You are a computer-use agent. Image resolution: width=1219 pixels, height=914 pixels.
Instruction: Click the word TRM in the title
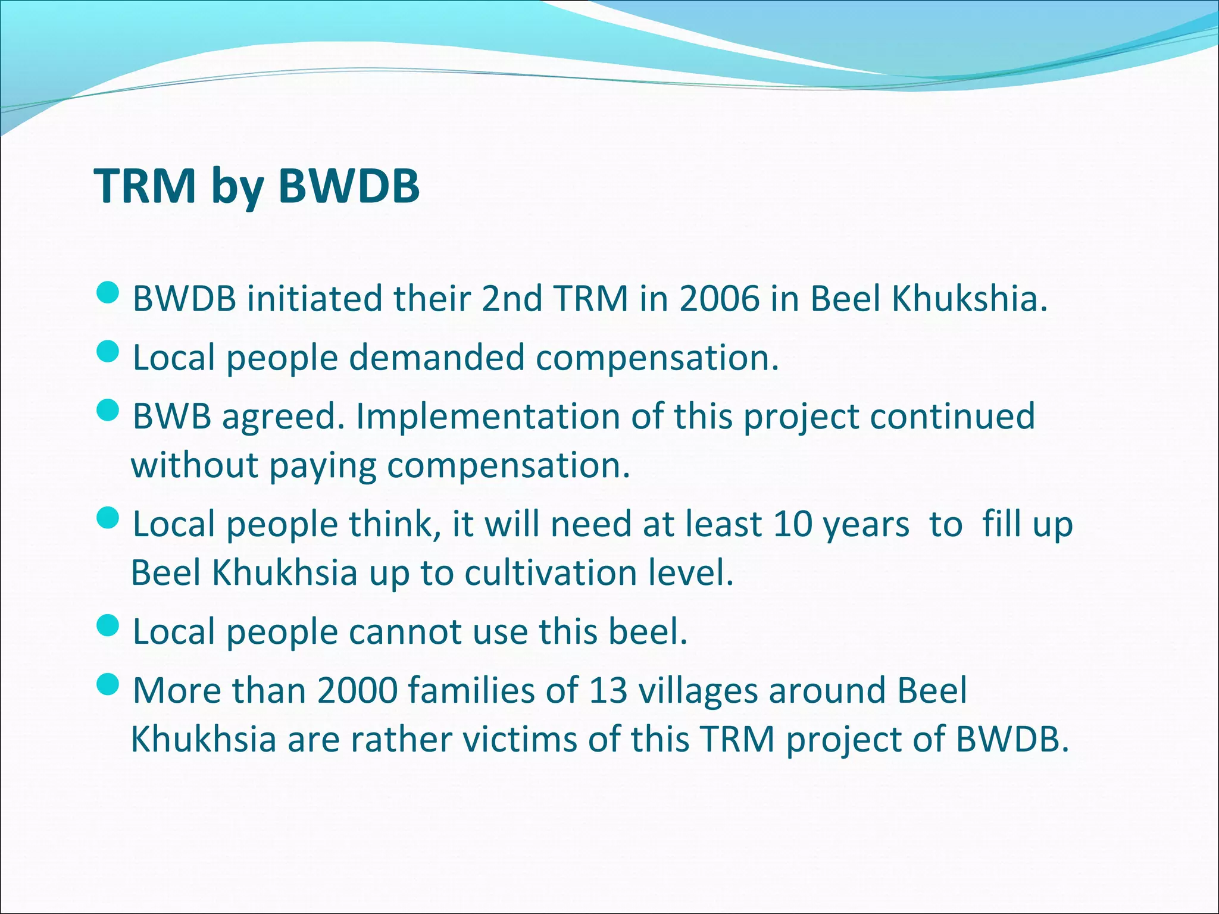coord(145,186)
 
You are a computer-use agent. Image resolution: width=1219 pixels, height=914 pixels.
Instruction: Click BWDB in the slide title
coord(349,186)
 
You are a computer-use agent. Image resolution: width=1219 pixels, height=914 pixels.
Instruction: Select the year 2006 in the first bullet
coord(719,298)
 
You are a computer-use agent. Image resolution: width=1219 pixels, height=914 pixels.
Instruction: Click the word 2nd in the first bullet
coord(511,298)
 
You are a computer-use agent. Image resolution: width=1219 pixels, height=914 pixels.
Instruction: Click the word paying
coord(322,465)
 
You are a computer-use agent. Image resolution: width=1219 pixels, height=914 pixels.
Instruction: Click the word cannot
coord(405,631)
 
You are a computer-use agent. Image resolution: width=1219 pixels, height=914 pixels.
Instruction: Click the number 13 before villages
coord(608,690)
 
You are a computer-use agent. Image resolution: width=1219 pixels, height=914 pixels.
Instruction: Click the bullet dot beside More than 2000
coord(108,685)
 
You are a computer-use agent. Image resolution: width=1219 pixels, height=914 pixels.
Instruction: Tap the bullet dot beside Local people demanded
coord(108,353)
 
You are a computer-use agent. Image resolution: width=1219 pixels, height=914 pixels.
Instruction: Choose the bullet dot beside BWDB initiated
coord(108,293)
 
